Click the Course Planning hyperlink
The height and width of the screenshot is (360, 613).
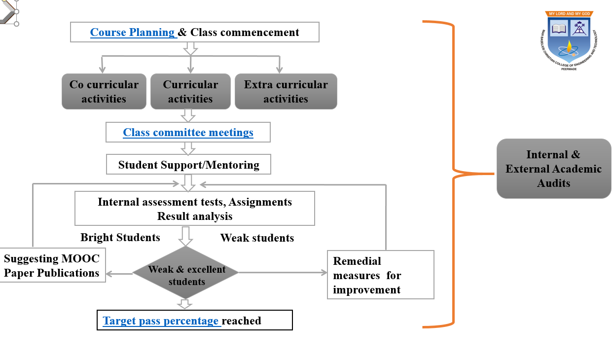click(x=132, y=33)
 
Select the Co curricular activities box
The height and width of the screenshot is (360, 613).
click(x=104, y=91)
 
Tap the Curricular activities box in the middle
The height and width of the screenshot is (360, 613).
click(x=190, y=91)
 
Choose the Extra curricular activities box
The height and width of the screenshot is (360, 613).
click(x=286, y=91)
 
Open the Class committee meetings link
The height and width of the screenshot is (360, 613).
click(x=188, y=132)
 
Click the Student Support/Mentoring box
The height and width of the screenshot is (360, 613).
click(x=189, y=165)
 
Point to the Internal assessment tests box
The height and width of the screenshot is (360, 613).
click(x=195, y=209)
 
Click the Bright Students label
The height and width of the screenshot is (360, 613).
click(x=120, y=237)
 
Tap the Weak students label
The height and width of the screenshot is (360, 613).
click(x=257, y=238)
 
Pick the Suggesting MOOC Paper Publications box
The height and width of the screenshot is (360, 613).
click(x=52, y=266)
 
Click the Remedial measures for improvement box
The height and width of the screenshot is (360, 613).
click(x=380, y=275)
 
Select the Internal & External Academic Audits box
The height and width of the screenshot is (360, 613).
click(x=553, y=169)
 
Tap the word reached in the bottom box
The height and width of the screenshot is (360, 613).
click(x=242, y=321)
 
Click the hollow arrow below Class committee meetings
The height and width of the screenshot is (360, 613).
click(x=188, y=148)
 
